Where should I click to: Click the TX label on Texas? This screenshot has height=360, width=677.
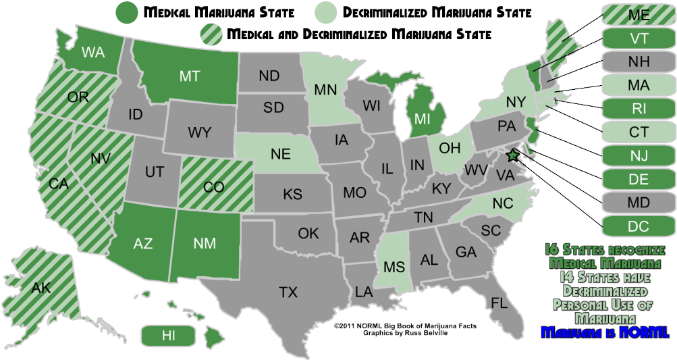[x=288, y=292]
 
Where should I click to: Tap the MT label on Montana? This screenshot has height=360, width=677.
[x=190, y=77]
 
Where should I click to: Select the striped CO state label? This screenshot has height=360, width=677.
[x=213, y=187]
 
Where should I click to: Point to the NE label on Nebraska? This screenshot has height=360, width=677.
[x=281, y=154]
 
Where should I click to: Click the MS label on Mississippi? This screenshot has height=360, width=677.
[x=394, y=267]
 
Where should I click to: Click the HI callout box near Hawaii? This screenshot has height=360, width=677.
[x=168, y=334]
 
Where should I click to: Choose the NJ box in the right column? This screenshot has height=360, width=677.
[x=638, y=157]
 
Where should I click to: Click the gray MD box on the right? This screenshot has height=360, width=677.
[x=638, y=203]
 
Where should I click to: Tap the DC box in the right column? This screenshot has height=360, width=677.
[x=638, y=226]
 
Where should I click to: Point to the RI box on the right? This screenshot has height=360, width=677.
[x=638, y=109]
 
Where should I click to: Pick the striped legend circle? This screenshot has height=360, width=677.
[x=212, y=34]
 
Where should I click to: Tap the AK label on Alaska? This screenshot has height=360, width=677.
[x=41, y=288]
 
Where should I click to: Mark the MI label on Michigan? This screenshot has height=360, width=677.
[x=423, y=118]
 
